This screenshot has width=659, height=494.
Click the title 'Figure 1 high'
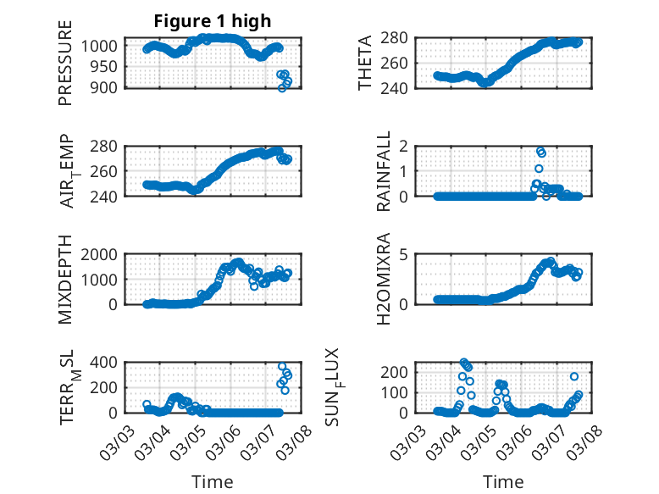coord(212,21)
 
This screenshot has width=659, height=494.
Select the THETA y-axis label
coord(365,63)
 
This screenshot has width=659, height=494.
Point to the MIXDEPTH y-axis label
coord(65,279)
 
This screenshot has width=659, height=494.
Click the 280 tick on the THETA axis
coord(401,37)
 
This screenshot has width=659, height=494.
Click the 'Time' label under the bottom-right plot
coord(503,482)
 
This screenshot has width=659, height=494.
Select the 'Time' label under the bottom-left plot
coord(212,482)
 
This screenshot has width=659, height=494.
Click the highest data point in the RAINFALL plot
coord(540,151)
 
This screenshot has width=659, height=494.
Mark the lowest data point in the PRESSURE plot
coord(283,87)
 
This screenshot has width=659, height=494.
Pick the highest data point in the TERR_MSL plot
coord(283,367)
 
